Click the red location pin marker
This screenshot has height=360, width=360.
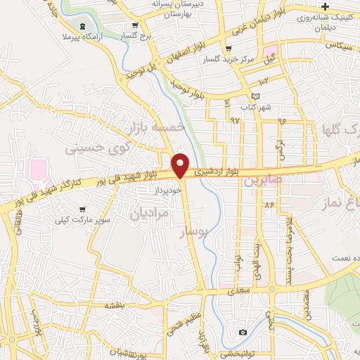[x=180, y=165]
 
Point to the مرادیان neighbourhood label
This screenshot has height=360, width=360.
[x=149, y=213]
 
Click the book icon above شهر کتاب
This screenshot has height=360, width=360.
[x=255, y=96]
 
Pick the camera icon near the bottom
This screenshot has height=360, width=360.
[x=243, y=331]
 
